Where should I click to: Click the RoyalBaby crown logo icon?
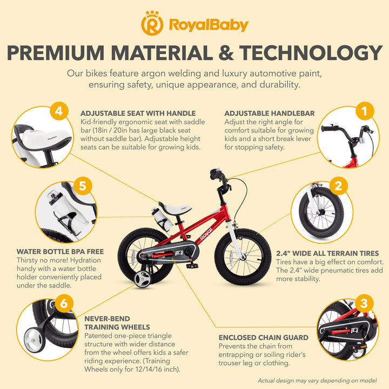coord(152,23)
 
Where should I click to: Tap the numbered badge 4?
coord(59,111)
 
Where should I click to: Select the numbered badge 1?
coord(365,111)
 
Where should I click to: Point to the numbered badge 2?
coord(338,186)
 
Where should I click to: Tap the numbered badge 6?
coord(64,303)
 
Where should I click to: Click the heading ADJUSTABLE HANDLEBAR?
coord(270,113)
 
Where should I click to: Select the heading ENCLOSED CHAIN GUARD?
coord(264,338)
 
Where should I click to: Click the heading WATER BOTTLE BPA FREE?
coord(61,252)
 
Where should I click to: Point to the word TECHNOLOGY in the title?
coord(311,53)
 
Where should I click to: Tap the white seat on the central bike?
coord(176,207)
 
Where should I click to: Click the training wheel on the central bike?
coord(143,279)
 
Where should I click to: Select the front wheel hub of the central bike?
coord(243,257)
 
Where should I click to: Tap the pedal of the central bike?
coord(192,266)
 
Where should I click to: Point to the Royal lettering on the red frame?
coord(206,234)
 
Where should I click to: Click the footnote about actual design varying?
coord(317,380)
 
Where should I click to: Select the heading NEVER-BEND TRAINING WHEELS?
coord(117,323)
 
